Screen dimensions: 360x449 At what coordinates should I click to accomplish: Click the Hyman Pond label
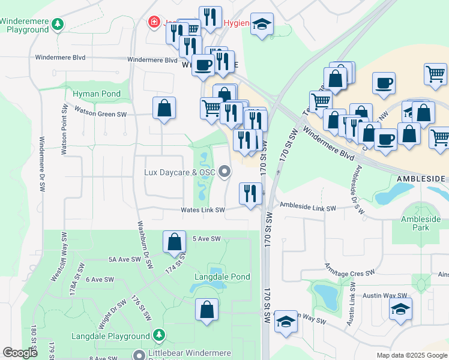[97, 94]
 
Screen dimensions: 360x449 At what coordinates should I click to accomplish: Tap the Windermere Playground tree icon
[58, 25]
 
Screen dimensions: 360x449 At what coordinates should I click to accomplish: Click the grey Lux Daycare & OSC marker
[225, 173]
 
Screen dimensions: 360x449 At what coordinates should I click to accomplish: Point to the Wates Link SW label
[203, 210]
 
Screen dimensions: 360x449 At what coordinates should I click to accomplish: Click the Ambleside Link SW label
[307, 206]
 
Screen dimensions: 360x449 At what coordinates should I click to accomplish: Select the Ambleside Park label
[424, 224]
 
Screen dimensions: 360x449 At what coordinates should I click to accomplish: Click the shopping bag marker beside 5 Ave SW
[174, 242]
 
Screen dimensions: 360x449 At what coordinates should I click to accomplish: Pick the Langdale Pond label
[222, 277]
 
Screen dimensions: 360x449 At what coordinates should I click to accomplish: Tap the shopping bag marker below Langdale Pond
[207, 311]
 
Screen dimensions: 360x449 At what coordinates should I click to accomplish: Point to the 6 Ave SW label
[100, 280]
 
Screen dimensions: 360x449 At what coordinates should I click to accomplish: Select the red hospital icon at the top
[154, 22]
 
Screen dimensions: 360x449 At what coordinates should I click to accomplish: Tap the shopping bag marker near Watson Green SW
[164, 109]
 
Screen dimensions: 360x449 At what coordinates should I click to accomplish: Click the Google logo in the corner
[20, 353]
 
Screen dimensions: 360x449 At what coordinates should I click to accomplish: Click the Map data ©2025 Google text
[411, 355]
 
